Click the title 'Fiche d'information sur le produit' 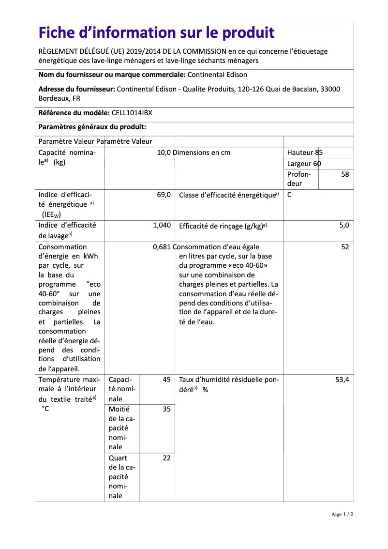[x=156, y=33]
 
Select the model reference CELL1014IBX [x=132, y=113]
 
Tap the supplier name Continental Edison [x=217, y=75]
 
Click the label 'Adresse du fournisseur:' [x=76, y=89]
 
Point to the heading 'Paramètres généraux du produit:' [x=92, y=127]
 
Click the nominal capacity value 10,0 [x=164, y=152]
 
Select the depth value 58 [x=344, y=174]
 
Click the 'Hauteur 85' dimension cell [x=305, y=152]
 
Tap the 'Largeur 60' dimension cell [x=304, y=164]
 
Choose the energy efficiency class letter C [x=289, y=195]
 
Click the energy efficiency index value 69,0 [x=164, y=195]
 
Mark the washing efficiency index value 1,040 [x=162, y=226]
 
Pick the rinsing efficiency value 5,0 [x=344, y=225]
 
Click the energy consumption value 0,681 [x=162, y=247]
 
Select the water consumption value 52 [x=345, y=247]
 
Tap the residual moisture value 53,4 [x=342, y=380]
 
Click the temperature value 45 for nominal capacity [x=166, y=380]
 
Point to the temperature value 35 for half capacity [x=166, y=409]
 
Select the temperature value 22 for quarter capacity [x=166, y=458]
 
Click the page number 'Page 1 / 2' [x=342, y=514]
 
